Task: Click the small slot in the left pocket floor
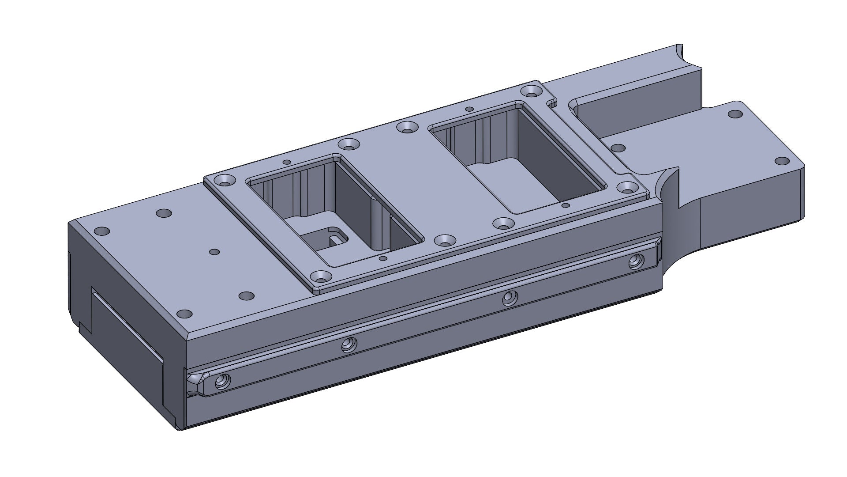point(330,238)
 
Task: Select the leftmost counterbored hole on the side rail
point(221,381)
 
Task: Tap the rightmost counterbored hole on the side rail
point(636,262)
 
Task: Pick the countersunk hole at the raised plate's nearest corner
point(321,277)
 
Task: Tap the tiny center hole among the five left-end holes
point(214,252)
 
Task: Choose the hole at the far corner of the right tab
point(735,114)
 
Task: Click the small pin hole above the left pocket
point(287,162)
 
